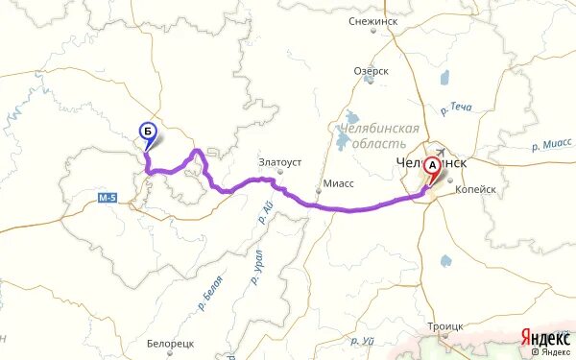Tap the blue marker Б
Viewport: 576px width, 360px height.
coord(147,132)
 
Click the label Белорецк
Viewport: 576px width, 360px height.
coord(172,343)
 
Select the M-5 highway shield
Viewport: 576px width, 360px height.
coord(108,198)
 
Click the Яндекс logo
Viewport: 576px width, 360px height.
coord(544,336)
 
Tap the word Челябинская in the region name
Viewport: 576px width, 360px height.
coord(381,129)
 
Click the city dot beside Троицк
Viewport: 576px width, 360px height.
coord(445,339)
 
